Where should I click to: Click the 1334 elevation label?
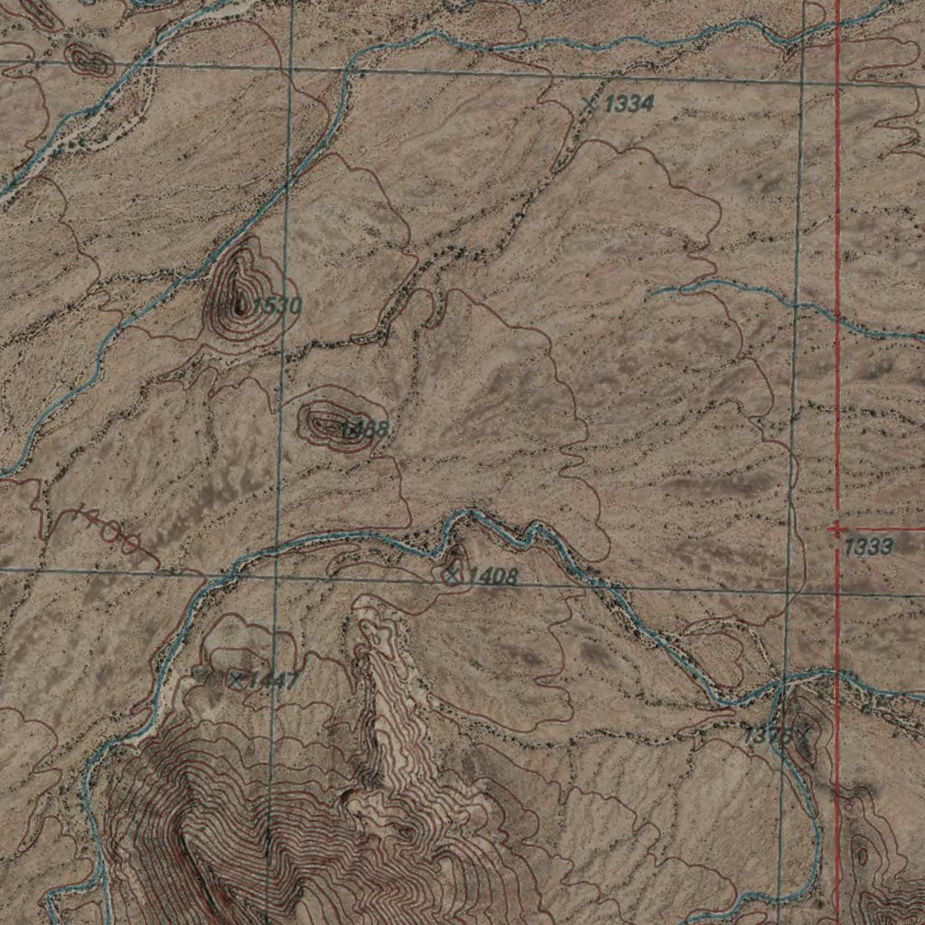coord(628,105)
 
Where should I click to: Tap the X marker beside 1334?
coord(591,104)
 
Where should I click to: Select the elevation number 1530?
coord(276,306)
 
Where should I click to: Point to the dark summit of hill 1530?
coord(239,303)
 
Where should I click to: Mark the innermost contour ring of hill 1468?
coord(324,421)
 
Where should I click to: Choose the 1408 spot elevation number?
coord(493,576)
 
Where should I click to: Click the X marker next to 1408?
coord(453,572)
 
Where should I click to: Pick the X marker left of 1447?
coord(236,678)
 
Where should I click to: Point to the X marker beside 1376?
coord(799,733)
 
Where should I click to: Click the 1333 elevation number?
coord(870,547)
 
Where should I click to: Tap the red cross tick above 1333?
coord(836,528)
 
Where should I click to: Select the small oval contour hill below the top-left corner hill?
coord(89,61)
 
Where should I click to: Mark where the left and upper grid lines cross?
coord(291,70)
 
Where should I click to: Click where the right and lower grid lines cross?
coord(790,592)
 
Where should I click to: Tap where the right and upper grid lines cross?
coord(802,81)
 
